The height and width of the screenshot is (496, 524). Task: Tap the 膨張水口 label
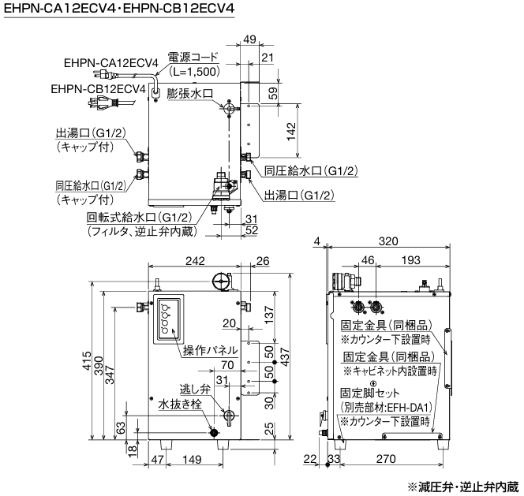tap(190, 92)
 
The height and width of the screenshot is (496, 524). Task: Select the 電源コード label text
tap(189, 58)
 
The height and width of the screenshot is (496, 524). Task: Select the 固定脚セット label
tap(370, 393)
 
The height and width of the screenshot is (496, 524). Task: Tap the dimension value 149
tap(192, 458)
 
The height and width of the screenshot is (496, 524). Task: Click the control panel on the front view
tap(168, 319)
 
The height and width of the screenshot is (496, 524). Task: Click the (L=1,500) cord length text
tap(192, 72)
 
